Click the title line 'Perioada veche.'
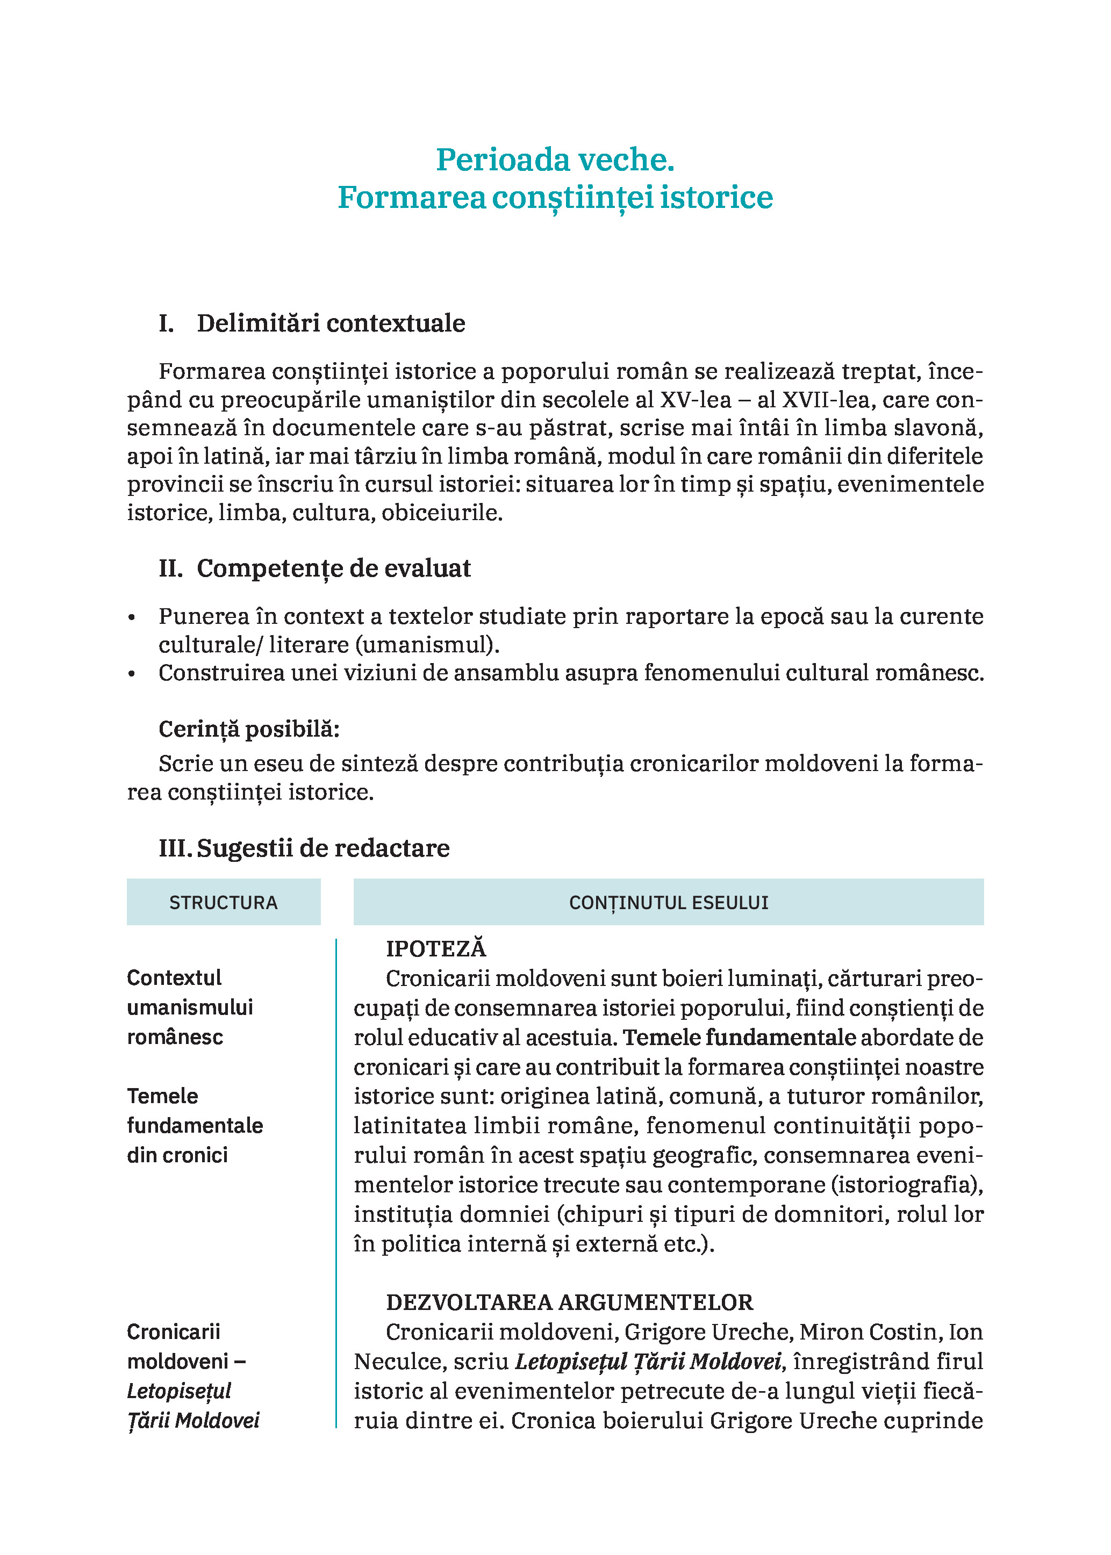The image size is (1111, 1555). coord(555,160)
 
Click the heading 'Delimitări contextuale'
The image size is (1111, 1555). coord(331,323)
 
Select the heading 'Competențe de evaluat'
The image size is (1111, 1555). coord(334,568)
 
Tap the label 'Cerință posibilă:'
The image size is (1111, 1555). coord(249,729)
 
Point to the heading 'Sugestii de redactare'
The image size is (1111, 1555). coord(324,848)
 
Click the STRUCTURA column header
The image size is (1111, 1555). coord(223,903)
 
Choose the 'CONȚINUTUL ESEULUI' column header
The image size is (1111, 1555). coord(669,903)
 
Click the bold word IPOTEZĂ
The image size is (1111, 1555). coord(436,948)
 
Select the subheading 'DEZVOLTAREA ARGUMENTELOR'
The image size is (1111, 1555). coord(569,1302)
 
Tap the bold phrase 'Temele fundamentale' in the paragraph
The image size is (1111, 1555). coord(740,1038)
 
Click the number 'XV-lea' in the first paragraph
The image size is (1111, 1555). coord(696,400)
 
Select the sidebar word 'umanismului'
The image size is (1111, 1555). coord(190,1007)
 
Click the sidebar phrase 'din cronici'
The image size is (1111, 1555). coord(177,1155)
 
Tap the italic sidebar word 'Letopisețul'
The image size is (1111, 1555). coord(179,1391)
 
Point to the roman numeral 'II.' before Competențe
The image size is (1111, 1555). coord(171,568)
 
